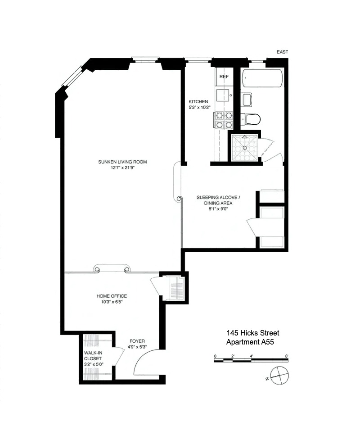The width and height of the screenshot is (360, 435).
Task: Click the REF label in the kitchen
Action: point(224,77)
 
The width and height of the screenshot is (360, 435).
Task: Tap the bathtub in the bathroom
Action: point(262,78)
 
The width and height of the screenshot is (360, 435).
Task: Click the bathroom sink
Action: point(247,100)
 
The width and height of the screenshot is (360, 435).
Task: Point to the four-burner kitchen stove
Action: point(224,120)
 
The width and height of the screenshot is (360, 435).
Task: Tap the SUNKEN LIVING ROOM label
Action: point(123,162)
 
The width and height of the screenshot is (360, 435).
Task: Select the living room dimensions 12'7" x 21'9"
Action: point(123,168)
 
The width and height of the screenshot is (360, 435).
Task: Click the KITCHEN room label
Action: point(198,102)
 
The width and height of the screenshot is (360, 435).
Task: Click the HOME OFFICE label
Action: point(112,296)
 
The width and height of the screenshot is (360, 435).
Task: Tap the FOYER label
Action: point(137,341)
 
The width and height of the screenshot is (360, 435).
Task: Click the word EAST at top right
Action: point(282,52)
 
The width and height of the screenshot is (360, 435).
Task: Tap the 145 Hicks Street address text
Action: point(252,333)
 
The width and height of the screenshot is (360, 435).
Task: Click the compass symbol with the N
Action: point(279,374)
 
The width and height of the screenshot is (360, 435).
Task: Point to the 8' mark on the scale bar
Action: point(287,356)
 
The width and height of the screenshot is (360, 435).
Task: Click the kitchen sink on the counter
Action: point(222,95)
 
